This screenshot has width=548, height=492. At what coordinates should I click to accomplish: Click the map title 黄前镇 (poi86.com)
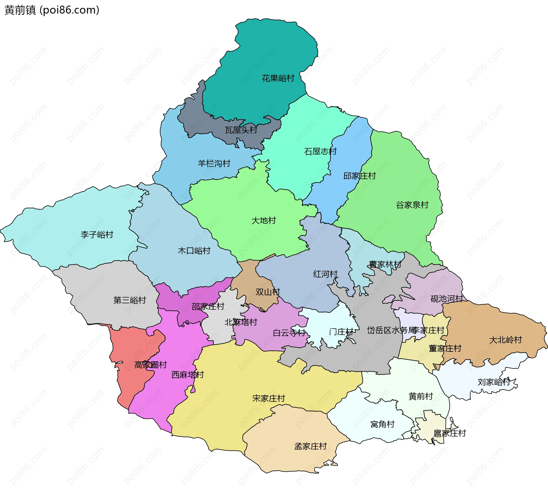pos(52,10)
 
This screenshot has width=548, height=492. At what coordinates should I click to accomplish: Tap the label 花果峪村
pos(278,78)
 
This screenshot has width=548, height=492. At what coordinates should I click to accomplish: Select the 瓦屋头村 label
pos(241,130)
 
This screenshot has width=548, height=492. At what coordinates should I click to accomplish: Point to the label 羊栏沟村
pos(214,163)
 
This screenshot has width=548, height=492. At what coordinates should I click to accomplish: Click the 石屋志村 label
pos(320,151)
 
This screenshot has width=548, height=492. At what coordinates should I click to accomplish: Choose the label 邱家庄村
pos(359,176)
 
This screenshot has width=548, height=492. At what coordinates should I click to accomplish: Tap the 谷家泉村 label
pos(412,205)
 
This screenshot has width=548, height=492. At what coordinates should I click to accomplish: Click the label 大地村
pos(264,220)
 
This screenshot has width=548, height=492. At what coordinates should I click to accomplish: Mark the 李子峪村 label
pos(97,235)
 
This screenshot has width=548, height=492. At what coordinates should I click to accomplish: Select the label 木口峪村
pos(194,251)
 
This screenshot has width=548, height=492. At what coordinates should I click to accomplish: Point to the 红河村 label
pos(325,274)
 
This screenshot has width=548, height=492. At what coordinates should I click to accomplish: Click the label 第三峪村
pos(130,300)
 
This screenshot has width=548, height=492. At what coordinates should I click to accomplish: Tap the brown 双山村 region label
pos(268,292)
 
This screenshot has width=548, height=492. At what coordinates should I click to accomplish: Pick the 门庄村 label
pos(341,332)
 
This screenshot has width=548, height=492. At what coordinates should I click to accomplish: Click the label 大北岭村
pos(505,340)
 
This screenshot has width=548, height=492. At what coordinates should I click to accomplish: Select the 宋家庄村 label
pos(269,398)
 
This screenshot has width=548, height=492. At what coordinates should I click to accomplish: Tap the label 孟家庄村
pos(310,446)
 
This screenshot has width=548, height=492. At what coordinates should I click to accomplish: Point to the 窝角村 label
pos(382,424)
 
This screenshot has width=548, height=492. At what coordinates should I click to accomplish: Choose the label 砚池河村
pos(447,299)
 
